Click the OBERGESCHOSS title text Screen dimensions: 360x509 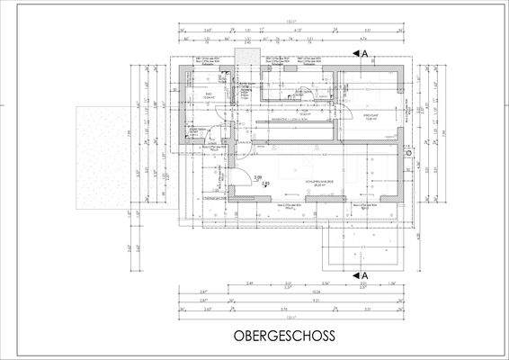[284, 336]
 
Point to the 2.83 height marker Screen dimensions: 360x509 [266, 184]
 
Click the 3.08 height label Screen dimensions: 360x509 [257, 177]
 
